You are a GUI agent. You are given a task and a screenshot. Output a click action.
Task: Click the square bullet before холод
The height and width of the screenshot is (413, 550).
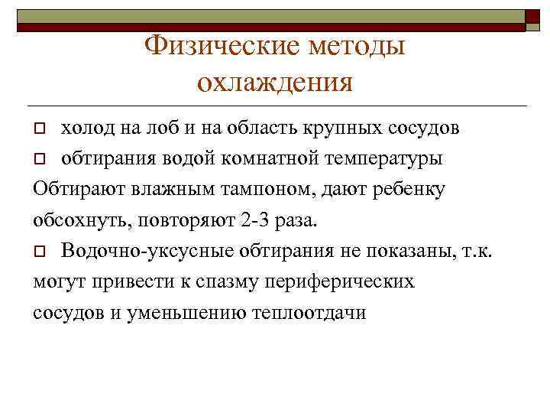pyautogui.click(x=41, y=127)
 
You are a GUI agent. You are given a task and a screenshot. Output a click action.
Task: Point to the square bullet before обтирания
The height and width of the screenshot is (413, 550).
pyautogui.click(x=41, y=158)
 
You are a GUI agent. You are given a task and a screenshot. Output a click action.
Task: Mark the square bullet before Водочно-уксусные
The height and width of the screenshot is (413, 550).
pyautogui.click(x=41, y=251)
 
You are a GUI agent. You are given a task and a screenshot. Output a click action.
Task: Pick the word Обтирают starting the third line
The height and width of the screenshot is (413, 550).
pyautogui.click(x=72, y=189)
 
